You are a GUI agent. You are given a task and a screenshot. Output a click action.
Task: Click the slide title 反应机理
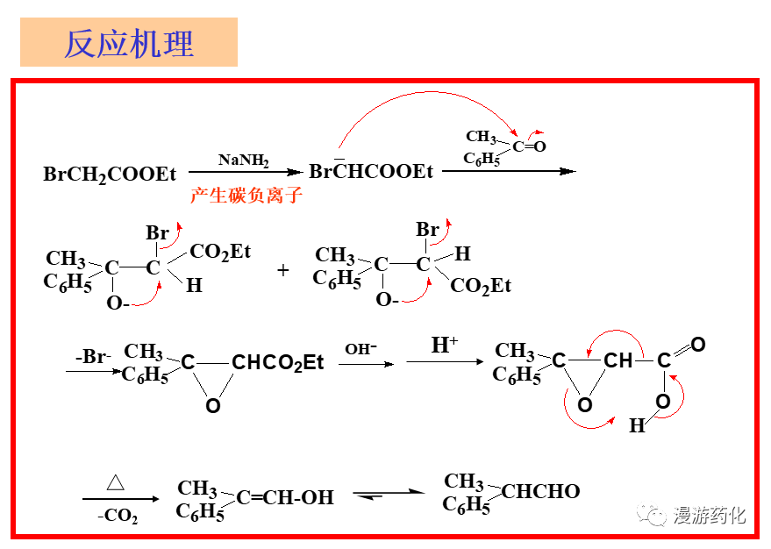click(129, 43)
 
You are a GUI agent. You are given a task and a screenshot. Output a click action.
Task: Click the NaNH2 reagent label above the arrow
click(243, 160)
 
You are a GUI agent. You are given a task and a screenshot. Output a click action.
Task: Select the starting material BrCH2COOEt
click(110, 175)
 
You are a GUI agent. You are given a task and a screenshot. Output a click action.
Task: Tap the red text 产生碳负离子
click(246, 196)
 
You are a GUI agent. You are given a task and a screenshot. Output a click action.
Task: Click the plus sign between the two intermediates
click(282, 270)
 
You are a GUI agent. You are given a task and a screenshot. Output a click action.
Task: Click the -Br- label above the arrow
click(91, 357)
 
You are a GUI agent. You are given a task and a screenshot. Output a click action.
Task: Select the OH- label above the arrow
click(361, 348)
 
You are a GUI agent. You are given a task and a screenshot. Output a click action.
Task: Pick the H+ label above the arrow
click(445, 345)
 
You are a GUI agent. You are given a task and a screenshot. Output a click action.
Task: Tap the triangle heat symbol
click(116, 481)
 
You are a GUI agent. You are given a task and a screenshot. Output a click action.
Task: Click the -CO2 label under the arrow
click(118, 517)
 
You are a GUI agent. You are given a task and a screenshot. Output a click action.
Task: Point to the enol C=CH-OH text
click(285, 498)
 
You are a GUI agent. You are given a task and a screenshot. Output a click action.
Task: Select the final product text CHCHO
click(541, 492)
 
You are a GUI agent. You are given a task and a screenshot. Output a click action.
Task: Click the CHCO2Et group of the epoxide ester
click(278, 362)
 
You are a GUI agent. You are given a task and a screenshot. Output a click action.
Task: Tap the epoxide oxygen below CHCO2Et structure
click(212, 406)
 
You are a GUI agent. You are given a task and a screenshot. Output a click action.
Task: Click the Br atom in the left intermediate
click(157, 233)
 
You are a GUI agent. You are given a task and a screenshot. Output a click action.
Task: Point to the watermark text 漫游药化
click(709, 516)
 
